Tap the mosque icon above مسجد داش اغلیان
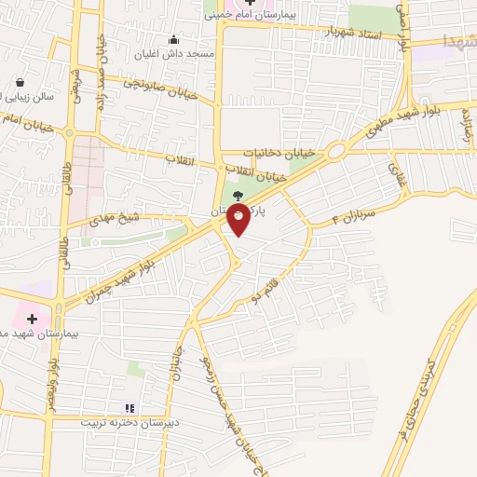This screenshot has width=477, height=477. (173, 40)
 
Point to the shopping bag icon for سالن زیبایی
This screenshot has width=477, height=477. (20, 82)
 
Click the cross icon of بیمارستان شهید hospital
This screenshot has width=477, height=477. (32, 318)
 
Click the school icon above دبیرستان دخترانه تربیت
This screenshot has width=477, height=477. (129, 407)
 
